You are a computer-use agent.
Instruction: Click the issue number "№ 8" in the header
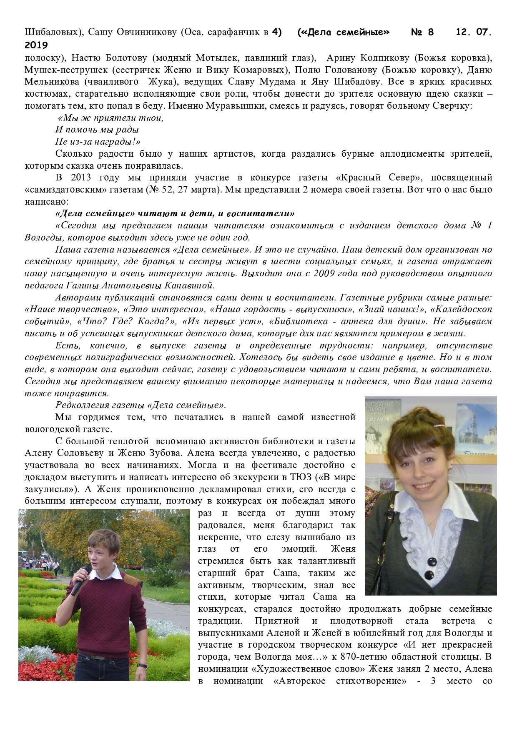point(422,32)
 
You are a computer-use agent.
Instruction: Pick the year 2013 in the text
point(80,178)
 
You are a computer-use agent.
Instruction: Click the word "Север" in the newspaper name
point(401,178)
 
